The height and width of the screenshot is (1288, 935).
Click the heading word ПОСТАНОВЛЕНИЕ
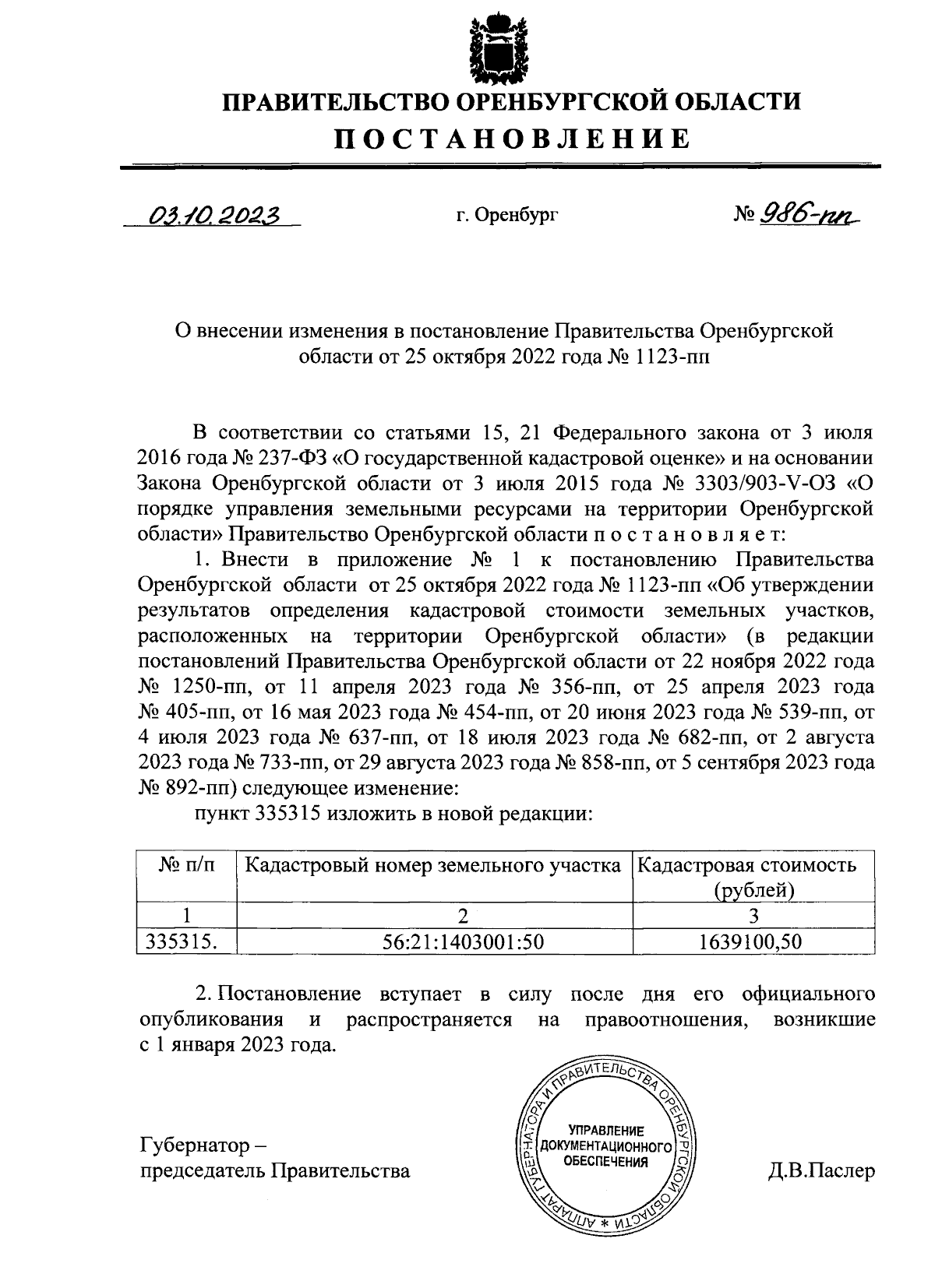[512, 139]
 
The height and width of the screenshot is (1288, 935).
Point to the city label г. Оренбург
[507, 214]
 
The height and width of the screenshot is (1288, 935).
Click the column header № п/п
[187, 864]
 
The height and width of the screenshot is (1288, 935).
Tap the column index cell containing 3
[753, 914]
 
